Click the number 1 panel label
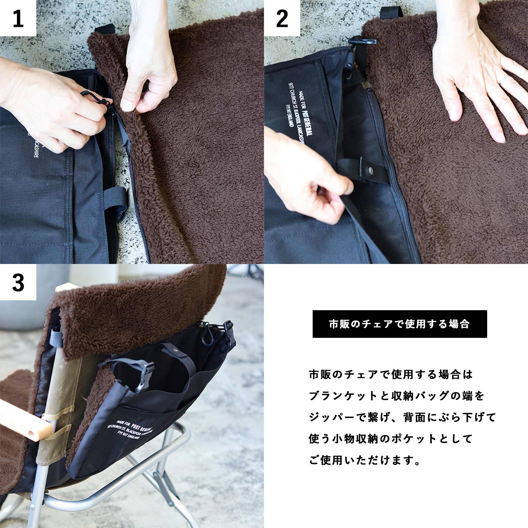point(18,19)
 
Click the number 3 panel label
point(18,283)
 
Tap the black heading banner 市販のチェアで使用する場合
point(399,324)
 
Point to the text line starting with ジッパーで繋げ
point(402,417)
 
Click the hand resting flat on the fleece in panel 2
point(474,78)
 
